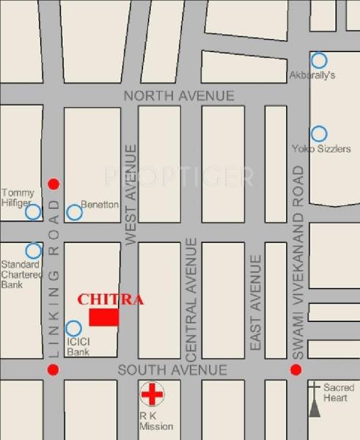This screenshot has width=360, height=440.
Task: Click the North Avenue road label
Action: (x=179, y=96)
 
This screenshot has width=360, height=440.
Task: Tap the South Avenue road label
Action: (x=172, y=370)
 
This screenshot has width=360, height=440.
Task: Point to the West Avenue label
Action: (x=131, y=194)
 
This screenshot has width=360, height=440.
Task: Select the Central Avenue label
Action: (x=192, y=299)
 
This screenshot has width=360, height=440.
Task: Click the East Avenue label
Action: (x=255, y=302)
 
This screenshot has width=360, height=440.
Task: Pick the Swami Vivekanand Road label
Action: (x=298, y=262)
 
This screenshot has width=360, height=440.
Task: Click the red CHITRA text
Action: (x=111, y=299)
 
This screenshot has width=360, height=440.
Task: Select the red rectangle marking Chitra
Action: (x=103, y=317)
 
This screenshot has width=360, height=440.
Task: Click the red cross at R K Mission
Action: (x=152, y=395)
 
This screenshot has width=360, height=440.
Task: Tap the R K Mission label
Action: (x=155, y=421)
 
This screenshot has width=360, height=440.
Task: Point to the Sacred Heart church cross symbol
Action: (x=315, y=399)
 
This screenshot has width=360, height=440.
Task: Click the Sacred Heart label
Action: (x=339, y=392)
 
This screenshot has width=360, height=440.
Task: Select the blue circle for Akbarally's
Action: (x=318, y=60)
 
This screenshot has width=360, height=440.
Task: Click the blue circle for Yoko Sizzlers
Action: (x=318, y=134)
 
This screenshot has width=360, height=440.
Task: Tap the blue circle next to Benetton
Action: (x=74, y=213)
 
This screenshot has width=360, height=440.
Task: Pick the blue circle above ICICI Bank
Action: (x=73, y=329)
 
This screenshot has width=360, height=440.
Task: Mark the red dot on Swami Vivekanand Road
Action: (x=295, y=370)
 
